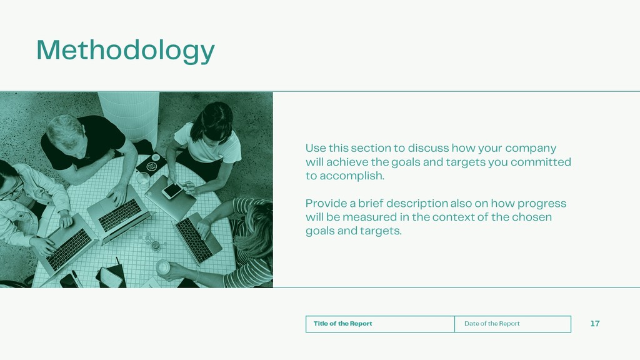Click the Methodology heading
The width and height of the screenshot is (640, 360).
125,51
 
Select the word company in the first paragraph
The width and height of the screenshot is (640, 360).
531,148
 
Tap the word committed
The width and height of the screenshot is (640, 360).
541,162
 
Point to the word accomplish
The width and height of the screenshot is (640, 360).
351,176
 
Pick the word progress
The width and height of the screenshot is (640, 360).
542,204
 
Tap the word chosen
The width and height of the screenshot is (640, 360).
532,217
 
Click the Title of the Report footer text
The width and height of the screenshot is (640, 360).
343,324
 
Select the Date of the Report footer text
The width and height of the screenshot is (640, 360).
492,324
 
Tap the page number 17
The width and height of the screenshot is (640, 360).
595,324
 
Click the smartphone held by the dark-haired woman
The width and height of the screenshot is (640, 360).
172,190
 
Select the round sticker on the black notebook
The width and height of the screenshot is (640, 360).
151,166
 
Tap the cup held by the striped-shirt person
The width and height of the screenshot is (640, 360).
162,267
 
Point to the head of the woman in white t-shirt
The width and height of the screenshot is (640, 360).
212,122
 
